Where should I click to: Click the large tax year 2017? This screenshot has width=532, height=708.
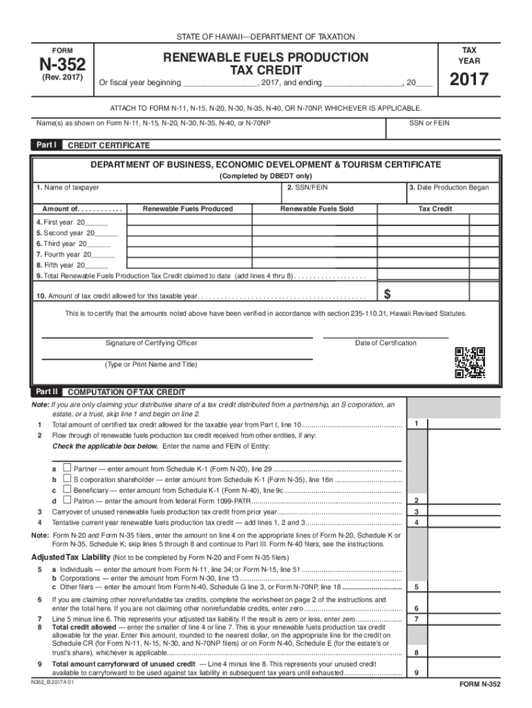coord(469,80)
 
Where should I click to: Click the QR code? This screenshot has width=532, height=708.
coord(469,362)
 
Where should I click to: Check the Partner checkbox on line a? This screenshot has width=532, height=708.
coord(67,468)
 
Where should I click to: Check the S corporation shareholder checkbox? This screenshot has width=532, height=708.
coord(67,478)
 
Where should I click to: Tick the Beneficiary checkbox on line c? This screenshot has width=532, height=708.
coord(67,489)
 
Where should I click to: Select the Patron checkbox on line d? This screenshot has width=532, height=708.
coord(67,500)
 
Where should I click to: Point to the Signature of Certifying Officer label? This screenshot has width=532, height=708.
coord(151,343)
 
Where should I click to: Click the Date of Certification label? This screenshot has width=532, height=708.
coord(386,343)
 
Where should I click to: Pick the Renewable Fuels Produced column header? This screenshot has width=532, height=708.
coord(187,208)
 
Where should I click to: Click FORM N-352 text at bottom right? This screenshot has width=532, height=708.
coord(479,684)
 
